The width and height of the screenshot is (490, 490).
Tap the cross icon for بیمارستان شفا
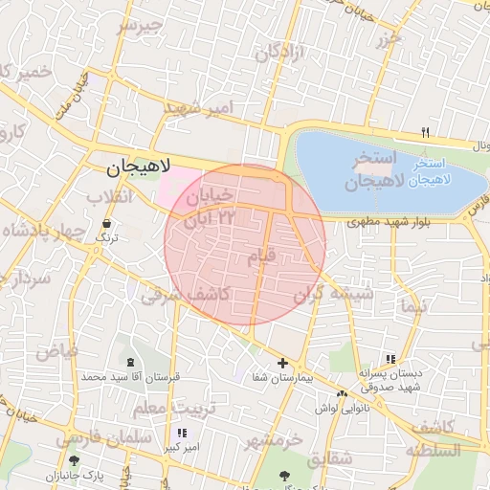[282, 363]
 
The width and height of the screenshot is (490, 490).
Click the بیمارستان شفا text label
[282, 377]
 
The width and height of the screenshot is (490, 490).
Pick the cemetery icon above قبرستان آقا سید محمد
[129, 363]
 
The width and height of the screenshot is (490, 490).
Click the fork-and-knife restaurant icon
[426, 132]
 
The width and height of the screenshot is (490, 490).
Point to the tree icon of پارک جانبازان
[74, 461]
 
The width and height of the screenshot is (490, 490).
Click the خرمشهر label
[273, 440]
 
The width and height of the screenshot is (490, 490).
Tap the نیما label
[413, 306]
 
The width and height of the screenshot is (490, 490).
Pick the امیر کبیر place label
[180, 446]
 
